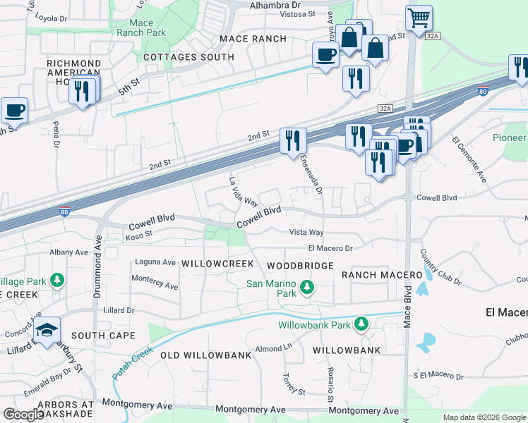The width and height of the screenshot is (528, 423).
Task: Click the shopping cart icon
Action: pyautogui.click(x=419, y=18)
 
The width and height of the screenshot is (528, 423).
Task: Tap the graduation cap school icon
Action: pyautogui.click(x=47, y=330)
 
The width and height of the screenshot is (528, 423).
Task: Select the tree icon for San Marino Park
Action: pyautogui.click(x=306, y=287)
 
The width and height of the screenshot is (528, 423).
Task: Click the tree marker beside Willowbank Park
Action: pyautogui.click(x=361, y=324)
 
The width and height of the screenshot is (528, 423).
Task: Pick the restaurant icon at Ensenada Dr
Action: pyautogui.click(x=292, y=139)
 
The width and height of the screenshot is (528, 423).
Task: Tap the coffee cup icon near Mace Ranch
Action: pyautogui.click(x=326, y=54)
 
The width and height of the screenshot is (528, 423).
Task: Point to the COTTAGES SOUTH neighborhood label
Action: pyautogui.click(x=188, y=56)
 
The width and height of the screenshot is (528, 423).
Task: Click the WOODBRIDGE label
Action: pyautogui.click(x=300, y=266)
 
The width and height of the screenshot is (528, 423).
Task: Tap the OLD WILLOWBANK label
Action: pyautogui.click(x=205, y=355)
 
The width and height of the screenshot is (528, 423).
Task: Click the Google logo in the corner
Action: pyautogui.click(x=23, y=415)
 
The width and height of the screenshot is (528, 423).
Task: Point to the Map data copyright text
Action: pyautogui.click(x=484, y=417)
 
